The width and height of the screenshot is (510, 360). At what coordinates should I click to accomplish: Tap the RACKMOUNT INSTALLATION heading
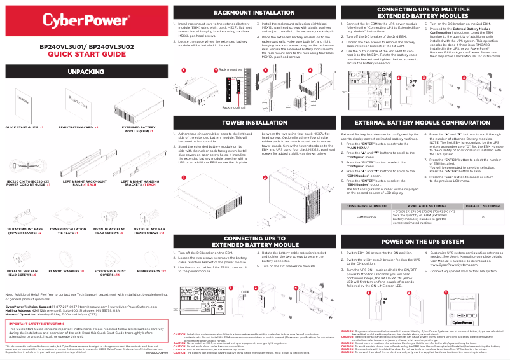[254, 12]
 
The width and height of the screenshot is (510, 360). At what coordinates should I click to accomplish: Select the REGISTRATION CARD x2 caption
[78, 127]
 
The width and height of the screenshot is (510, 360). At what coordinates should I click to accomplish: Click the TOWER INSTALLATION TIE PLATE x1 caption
[63, 230]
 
